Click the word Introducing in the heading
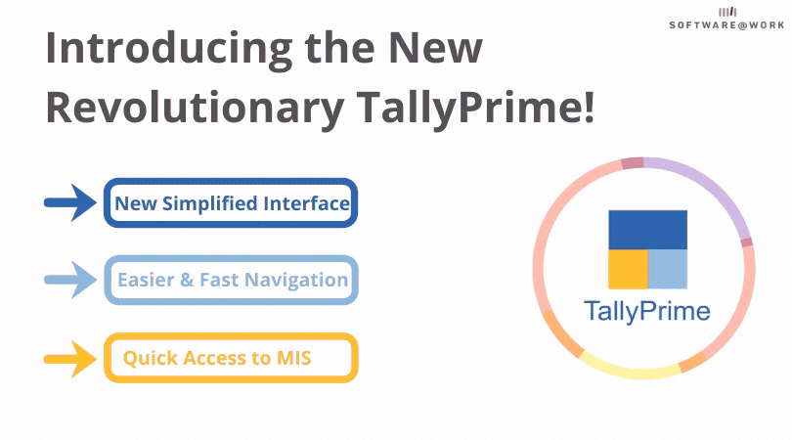click(x=169, y=49)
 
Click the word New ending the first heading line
click(x=435, y=48)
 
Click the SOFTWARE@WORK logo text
click(x=726, y=24)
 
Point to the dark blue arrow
click(x=70, y=202)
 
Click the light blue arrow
click(x=70, y=280)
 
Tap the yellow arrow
click(x=70, y=359)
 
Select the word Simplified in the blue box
click(x=210, y=204)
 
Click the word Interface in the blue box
click(x=307, y=203)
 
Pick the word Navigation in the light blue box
click(x=299, y=281)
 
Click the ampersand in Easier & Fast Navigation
click(x=187, y=281)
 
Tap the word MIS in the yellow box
click(x=294, y=358)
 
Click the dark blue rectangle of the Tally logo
click(x=647, y=230)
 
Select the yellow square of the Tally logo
click(x=628, y=269)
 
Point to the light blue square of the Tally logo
click(x=668, y=269)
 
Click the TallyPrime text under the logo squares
click(x=647, y=311)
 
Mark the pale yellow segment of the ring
click(x=629, y=371)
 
